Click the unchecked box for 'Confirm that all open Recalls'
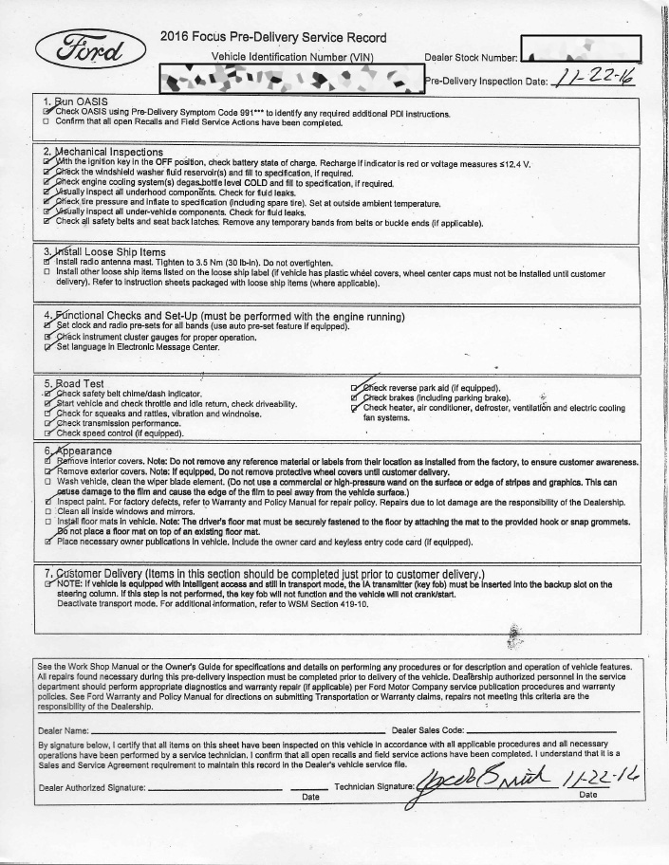(46, 122)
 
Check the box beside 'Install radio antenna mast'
(46, 262)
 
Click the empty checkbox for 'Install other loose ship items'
(46, 272)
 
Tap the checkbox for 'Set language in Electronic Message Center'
(46, 347)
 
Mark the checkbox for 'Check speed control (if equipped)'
(46, 433)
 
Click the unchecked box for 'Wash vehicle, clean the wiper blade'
(46, 482)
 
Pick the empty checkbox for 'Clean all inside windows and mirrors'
(46, 512)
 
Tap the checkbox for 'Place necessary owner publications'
(46, 542)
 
